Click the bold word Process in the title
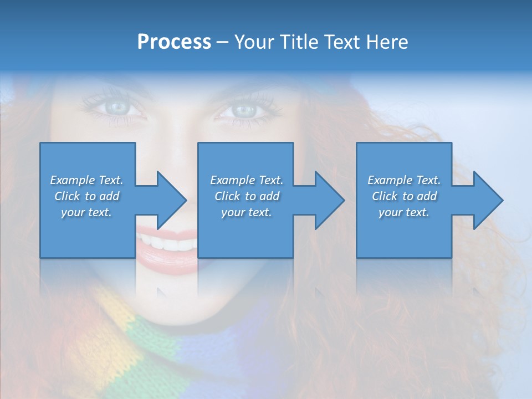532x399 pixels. coord(174,42)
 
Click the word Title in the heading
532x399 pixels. coord(298,42)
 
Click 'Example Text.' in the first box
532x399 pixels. coord(86,180)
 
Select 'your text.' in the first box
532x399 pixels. coord(86,212)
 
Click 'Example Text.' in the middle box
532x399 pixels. coord(247,180)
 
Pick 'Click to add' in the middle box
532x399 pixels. coord(247,196)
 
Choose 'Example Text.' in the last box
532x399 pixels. coord(404,180)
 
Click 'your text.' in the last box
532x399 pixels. coord(404,212)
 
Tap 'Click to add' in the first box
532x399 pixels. coord(86,196)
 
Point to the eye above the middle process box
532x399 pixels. coord(242,110)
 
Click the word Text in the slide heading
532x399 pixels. coord(340,42)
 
